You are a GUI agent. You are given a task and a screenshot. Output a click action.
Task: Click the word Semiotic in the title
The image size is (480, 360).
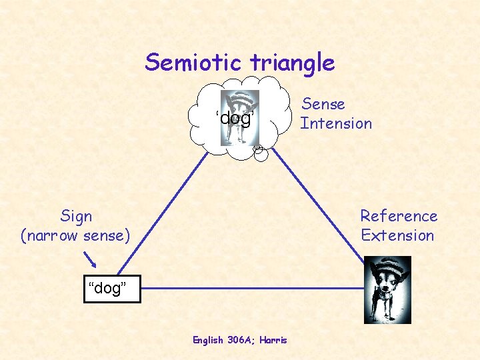(194, 63)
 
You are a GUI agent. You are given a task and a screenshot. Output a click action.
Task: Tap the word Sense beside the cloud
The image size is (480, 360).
(323, 104)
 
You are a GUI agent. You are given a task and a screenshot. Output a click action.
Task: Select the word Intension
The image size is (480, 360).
(336, 123)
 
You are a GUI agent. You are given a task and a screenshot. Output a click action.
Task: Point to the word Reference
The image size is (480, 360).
(399, 216)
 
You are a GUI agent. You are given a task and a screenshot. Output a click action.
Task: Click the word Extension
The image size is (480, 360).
(397, 235)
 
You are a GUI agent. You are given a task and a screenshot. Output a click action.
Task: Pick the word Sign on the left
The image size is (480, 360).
(76, 216)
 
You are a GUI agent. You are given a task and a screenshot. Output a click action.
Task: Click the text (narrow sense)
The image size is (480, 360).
(76, 235)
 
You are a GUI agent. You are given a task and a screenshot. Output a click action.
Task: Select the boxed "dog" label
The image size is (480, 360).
(112, 289)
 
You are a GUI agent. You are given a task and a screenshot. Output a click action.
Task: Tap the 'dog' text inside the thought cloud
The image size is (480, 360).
(235, 119)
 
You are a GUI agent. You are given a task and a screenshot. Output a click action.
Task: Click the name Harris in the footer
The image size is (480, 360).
(274, 340)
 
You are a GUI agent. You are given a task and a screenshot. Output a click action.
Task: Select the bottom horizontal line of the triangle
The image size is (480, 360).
(253, 289)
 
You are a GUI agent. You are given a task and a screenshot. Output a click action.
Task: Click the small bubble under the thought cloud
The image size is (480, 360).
(261, 153)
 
